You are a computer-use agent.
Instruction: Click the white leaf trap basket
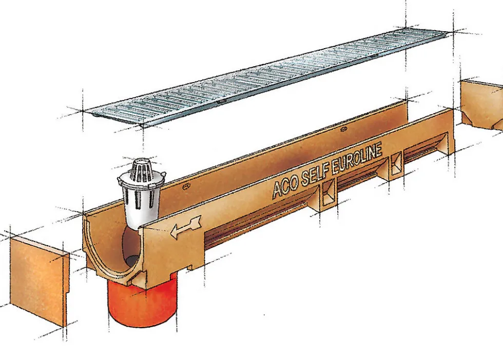click(141, 192)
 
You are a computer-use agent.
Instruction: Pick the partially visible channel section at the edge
click(482, 104)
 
